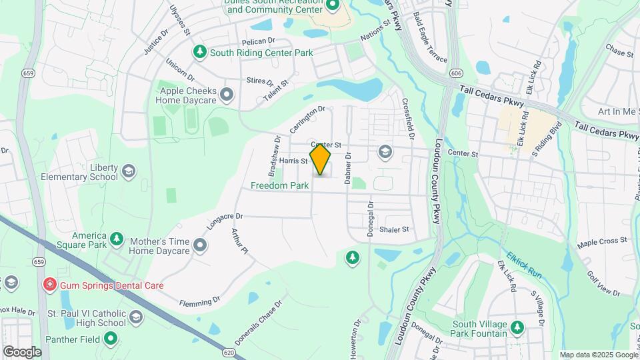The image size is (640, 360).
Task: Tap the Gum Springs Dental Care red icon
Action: coord(49,285)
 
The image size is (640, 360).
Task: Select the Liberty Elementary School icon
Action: coord(129,172)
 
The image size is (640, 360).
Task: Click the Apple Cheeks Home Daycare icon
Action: coord(227,95)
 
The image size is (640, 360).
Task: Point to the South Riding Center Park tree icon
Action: coord(199,51)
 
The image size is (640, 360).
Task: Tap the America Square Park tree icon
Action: coord(117,239)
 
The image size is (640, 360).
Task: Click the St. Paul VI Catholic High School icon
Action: coord(137,316)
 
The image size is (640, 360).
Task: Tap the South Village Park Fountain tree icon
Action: coord(516,327)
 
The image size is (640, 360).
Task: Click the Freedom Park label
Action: coord(280,185)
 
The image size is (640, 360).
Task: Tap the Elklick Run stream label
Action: coord(523,265)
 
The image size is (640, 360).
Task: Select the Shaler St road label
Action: coord(393,229)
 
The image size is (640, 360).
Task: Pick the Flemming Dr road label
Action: coord(199,302)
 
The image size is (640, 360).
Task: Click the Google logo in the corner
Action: coord(22,351)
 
